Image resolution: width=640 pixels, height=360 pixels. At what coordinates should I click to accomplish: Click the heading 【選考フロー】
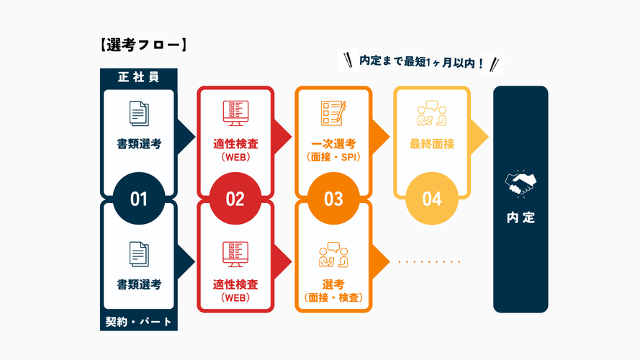141,45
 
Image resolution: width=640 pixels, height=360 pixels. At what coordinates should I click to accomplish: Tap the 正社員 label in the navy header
138,77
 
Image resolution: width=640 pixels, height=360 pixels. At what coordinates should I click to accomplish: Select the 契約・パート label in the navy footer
138,322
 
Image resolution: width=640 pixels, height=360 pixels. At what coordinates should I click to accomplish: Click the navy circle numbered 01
139,199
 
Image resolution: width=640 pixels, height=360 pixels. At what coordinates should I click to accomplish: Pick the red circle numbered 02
235,199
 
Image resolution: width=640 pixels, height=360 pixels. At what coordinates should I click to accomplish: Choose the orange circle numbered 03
333,199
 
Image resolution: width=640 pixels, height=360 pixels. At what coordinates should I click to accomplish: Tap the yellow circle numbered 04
431,199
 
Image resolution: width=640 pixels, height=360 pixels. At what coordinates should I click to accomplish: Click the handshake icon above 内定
520,183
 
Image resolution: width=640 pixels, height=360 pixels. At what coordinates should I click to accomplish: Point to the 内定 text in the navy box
520,217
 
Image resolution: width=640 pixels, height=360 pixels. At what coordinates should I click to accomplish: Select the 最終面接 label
432,144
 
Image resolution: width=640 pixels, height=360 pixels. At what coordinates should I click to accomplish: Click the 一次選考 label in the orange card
333,144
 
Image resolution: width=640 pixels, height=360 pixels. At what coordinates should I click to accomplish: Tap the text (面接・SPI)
333,157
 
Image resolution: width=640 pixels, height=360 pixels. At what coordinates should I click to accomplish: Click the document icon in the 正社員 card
139,114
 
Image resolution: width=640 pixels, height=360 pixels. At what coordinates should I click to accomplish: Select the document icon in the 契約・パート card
139,254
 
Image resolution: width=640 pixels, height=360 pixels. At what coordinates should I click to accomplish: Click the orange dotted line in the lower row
429,261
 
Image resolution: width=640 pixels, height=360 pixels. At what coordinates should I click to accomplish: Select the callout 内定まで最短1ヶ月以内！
421,63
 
